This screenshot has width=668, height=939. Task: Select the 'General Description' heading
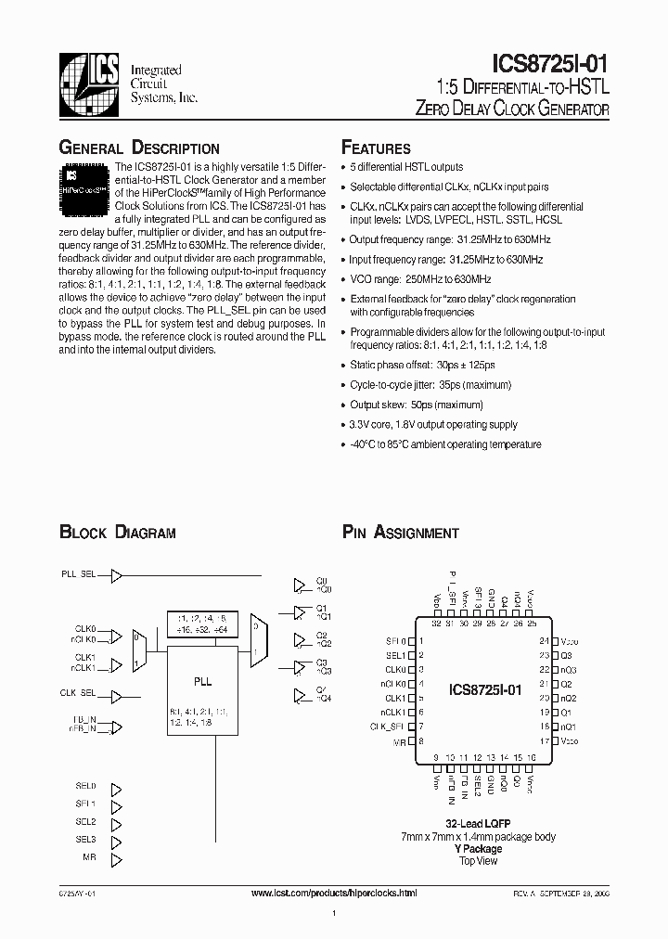click(x=139, y=148)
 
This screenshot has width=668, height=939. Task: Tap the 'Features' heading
click(x=376, y=148)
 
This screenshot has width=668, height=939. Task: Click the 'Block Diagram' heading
click(x=118, y=533)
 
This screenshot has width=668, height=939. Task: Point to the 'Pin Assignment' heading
click(x=401, y=533)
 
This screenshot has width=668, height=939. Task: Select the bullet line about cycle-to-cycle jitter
click(x=430, y=384)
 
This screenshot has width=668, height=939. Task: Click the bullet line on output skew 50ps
click(x=417, y=405)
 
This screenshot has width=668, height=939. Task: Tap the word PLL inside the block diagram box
click(x=202, y=681)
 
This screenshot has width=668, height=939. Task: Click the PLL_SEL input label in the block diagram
click(x=79, y=575)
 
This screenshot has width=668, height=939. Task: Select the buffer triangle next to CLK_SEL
click(x=116, y=692)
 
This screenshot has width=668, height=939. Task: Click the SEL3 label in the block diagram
click(x=85, y=840)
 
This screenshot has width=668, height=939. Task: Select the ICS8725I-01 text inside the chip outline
click(x=485, y=690)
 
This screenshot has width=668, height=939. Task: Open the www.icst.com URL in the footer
click(x=334, y=892)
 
